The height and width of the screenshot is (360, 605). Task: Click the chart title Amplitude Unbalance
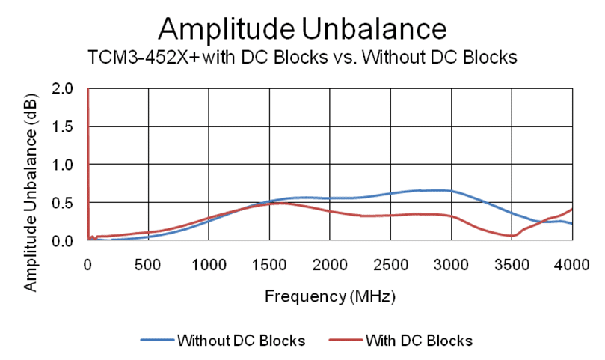coord(302,28)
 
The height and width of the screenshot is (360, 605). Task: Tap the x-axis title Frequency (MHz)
coord(330,296)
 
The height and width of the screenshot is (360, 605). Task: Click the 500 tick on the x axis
coord(148,263)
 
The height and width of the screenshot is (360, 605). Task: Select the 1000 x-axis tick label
coord(209,263)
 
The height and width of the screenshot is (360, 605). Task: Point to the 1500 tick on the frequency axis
coord(269,263)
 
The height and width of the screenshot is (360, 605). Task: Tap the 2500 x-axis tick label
coord(390,263)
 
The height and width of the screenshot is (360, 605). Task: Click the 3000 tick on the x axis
coord(451,263)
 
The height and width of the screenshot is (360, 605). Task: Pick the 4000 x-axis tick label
coord(572,263)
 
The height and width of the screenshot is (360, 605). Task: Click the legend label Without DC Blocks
coord(241,341)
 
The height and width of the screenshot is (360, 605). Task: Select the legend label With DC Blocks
coord(419,341)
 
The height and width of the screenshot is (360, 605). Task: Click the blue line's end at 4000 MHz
coord(572,224)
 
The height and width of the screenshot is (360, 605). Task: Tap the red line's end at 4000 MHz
coord(572,209)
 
